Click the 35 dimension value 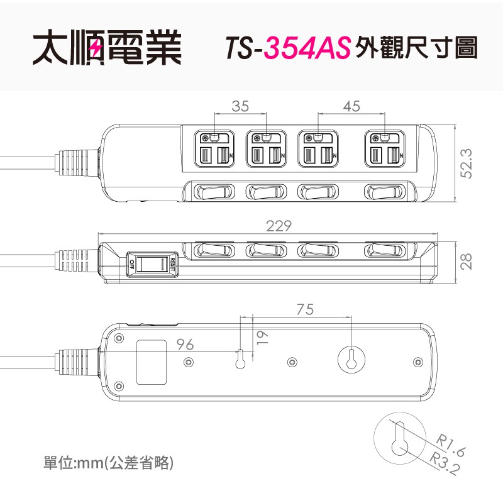click(240, 106)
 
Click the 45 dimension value click(351, 106)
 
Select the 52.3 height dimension click(467, 163)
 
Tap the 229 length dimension click(279, 226)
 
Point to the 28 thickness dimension click(467, 262)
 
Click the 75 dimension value click(305, 309)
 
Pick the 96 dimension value click(185, 345)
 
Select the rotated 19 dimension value click(262, 338)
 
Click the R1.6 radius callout click(450, 444)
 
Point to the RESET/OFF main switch click(152, 264)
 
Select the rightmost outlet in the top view click(385, 148)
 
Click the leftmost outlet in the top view click(214, 148)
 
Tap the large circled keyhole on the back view click(351, 360)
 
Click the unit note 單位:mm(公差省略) click(108, 463)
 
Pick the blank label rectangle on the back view click(152, 362)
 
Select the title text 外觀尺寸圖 click(416, 48)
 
